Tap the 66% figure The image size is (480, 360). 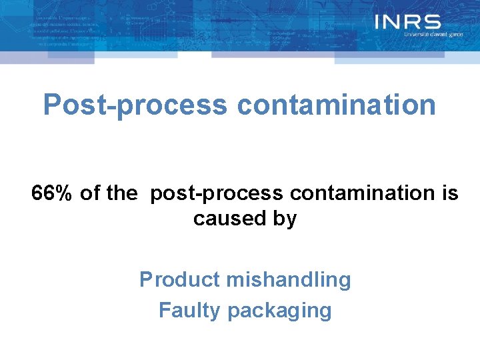[x=53, y=193]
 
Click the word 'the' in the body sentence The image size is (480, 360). [x=121, y=193]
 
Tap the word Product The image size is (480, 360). [x=180, y=279]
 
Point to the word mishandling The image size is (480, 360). [x=289, y=280]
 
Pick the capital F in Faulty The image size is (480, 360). [x=164, y=310]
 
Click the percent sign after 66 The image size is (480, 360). [x=64, y=193]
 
